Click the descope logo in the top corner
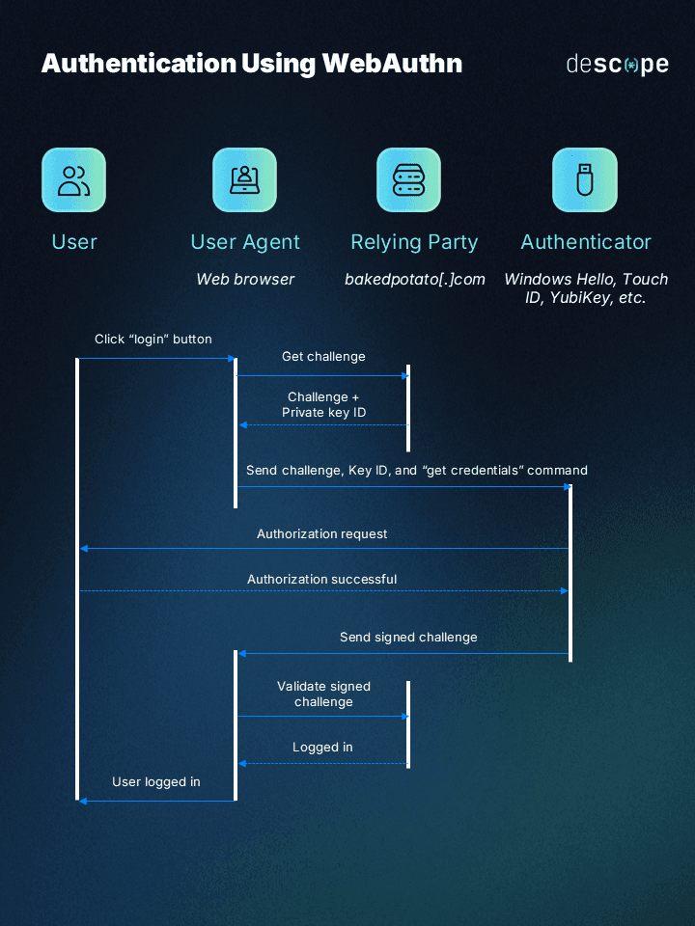pos(617,65)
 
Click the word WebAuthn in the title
pos(392,64)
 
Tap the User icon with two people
pos(73,180)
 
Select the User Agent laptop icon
pos(244,180)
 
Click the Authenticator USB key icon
pos(584,180)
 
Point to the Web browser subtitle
pos(245,279)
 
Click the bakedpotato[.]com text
pos(414,279)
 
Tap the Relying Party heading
pos(414,242)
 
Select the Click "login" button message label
pos(153,340)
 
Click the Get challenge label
pos(323,357)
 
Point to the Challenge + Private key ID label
pos(323,405)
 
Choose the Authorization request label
pos(322,533)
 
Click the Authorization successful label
pos(321,580)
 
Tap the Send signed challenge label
pos(408,638)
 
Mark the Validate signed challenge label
pos(323,694)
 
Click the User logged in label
pos(156,782)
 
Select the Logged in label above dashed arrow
pos(322,748)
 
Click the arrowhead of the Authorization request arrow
pos(84,549)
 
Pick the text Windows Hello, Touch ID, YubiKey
pos(585,288)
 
